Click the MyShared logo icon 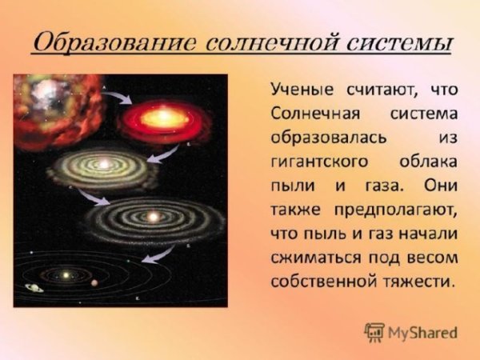pyautogui.click(x=374, y=331)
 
